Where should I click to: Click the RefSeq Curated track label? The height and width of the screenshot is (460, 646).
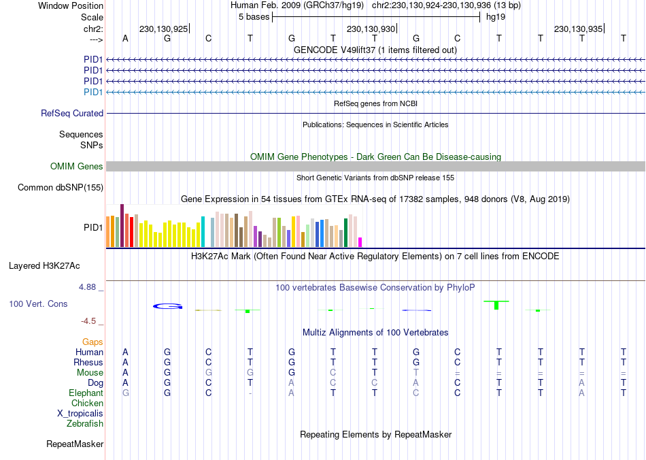click(72, 114)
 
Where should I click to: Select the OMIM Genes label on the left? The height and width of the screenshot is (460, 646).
click(77, 167)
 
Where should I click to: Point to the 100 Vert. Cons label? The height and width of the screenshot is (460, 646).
click(38, 304)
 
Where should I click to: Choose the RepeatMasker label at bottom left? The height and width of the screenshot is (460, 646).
click(75, 444)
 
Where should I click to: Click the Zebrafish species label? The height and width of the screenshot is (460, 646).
click(85, 424)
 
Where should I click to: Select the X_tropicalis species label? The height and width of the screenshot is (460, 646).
click(80, 414)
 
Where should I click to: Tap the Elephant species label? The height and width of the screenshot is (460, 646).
click(86, 393)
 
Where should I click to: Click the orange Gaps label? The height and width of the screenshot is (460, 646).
click(92, 342)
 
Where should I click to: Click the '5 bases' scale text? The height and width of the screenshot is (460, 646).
click(254, 17)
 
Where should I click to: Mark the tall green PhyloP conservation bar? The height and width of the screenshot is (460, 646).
click(497, 304)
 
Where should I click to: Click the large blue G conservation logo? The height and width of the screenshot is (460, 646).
click(168, 306)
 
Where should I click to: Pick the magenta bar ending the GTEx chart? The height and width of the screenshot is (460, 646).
click(360, 242)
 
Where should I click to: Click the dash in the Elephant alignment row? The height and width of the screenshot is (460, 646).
click(251, 393)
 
